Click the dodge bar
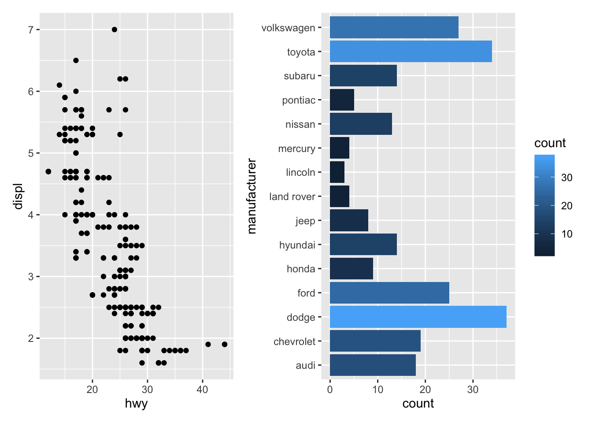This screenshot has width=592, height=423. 418,317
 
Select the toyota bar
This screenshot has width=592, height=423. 411,52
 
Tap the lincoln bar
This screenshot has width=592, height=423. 337,172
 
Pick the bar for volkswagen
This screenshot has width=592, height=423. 394,27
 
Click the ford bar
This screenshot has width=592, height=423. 389,293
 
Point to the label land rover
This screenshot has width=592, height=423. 292,197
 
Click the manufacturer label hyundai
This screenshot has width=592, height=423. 297,245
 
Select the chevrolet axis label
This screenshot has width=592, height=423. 294,341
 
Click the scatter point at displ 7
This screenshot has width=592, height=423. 115,30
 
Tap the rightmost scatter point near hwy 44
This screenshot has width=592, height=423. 225,344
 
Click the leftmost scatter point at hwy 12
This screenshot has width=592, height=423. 48,171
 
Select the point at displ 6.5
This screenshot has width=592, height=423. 76,60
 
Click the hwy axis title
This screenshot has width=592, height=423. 136,404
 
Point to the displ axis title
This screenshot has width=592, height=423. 18,196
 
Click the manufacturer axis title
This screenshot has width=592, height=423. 252,196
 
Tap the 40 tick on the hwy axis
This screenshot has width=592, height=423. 202,390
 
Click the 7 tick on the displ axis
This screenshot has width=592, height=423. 31,30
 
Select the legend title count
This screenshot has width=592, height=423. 550,143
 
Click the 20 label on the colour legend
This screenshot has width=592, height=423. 567,206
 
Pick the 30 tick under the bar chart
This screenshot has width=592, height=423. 473,390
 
